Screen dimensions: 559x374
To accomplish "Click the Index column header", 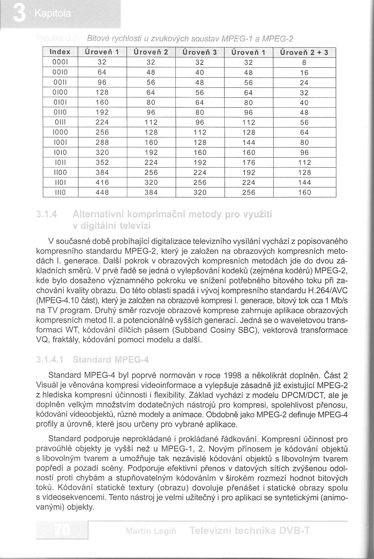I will point(60,52).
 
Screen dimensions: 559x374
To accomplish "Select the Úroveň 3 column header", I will point(200,52).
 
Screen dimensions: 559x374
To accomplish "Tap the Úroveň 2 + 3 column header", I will point(304,52).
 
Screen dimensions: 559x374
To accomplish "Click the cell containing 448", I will point(102,192).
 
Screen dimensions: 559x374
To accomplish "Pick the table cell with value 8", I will point(304,62).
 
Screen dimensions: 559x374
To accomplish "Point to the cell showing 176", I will point(249,162).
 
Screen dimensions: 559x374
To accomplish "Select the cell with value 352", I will point(102,162).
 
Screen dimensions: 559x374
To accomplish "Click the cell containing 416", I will point(102,182).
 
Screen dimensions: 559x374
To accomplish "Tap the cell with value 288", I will point(102,142).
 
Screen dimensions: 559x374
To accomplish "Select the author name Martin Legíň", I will point(151,531).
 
